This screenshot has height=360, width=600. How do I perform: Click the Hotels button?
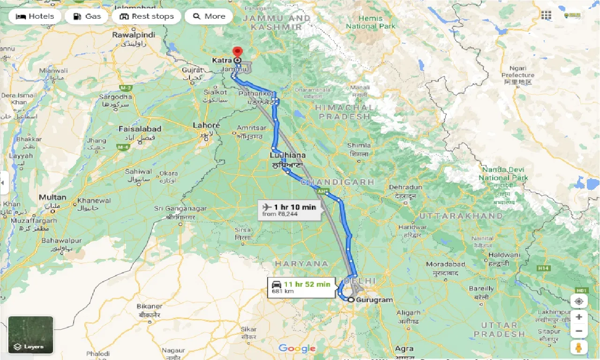35,16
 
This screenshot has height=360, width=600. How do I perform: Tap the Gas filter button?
86,16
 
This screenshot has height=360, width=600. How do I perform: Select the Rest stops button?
146,16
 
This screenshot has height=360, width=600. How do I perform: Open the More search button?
209,16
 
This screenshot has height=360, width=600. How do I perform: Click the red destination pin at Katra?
237,52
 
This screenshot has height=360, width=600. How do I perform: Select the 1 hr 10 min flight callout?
289,210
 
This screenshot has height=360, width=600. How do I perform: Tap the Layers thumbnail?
30,335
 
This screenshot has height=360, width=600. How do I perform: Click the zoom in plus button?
579,317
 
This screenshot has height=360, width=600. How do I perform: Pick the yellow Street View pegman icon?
579,348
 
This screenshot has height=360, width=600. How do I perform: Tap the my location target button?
579,301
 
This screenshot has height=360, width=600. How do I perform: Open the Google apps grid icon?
546,15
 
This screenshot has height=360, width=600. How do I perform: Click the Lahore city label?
206,126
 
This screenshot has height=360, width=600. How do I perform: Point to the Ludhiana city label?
287,155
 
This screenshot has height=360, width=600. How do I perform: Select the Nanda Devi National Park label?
503,174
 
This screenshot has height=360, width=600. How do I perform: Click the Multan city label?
52,197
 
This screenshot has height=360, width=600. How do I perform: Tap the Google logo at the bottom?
297,348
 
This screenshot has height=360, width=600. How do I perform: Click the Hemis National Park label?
370,22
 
